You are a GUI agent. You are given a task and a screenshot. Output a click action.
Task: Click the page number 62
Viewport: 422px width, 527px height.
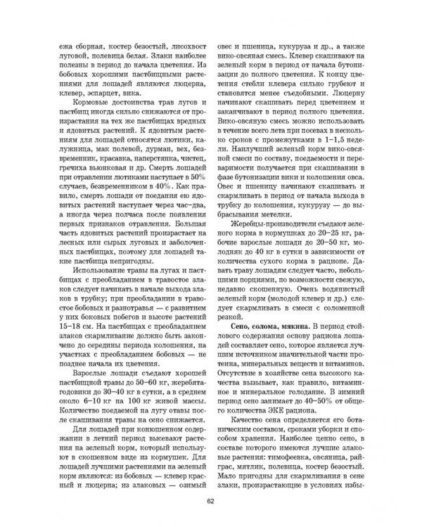coord(210,500)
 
